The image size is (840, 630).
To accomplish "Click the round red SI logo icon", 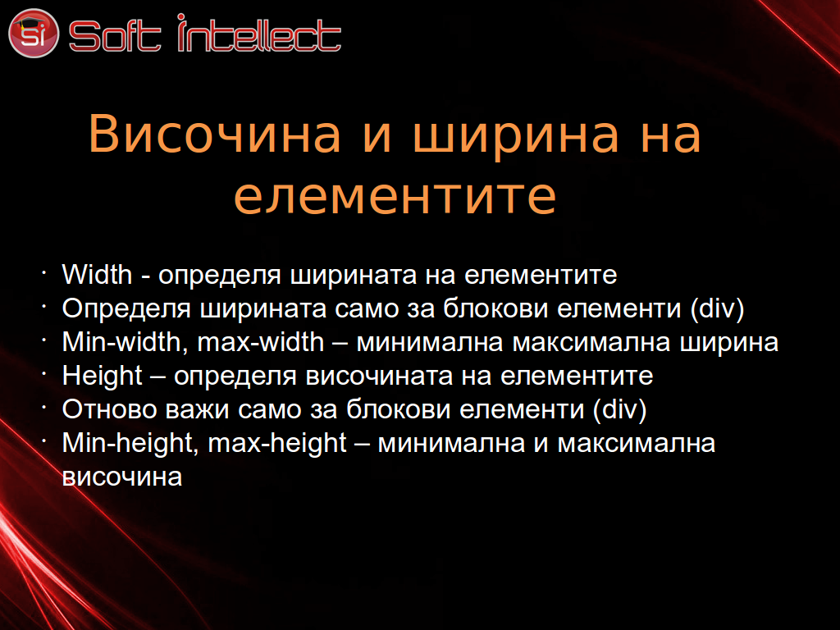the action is (x=33, y=33).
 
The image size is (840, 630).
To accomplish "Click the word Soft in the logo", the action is (x=115, y=36).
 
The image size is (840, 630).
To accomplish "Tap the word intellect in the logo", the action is (x=259, y=33).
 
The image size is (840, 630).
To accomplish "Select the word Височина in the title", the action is (x=214, y=134).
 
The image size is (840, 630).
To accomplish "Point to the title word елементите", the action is (x=395, y=196).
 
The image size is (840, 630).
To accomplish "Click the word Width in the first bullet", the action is (x=97, y=274).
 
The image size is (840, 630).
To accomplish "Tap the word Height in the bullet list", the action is (x=103, y=377).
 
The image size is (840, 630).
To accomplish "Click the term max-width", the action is (x=261, y=342).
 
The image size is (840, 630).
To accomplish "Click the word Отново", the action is (x=109, y=409).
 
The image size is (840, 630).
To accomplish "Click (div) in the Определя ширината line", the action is (x=717, y=309).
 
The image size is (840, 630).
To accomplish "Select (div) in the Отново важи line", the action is (x=620, y=410).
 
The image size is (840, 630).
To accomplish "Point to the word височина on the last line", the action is (x=122, y=477).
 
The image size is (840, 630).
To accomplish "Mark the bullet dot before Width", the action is (x=44, y=272).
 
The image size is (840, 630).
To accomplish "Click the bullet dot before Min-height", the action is (x=44, y=441).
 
